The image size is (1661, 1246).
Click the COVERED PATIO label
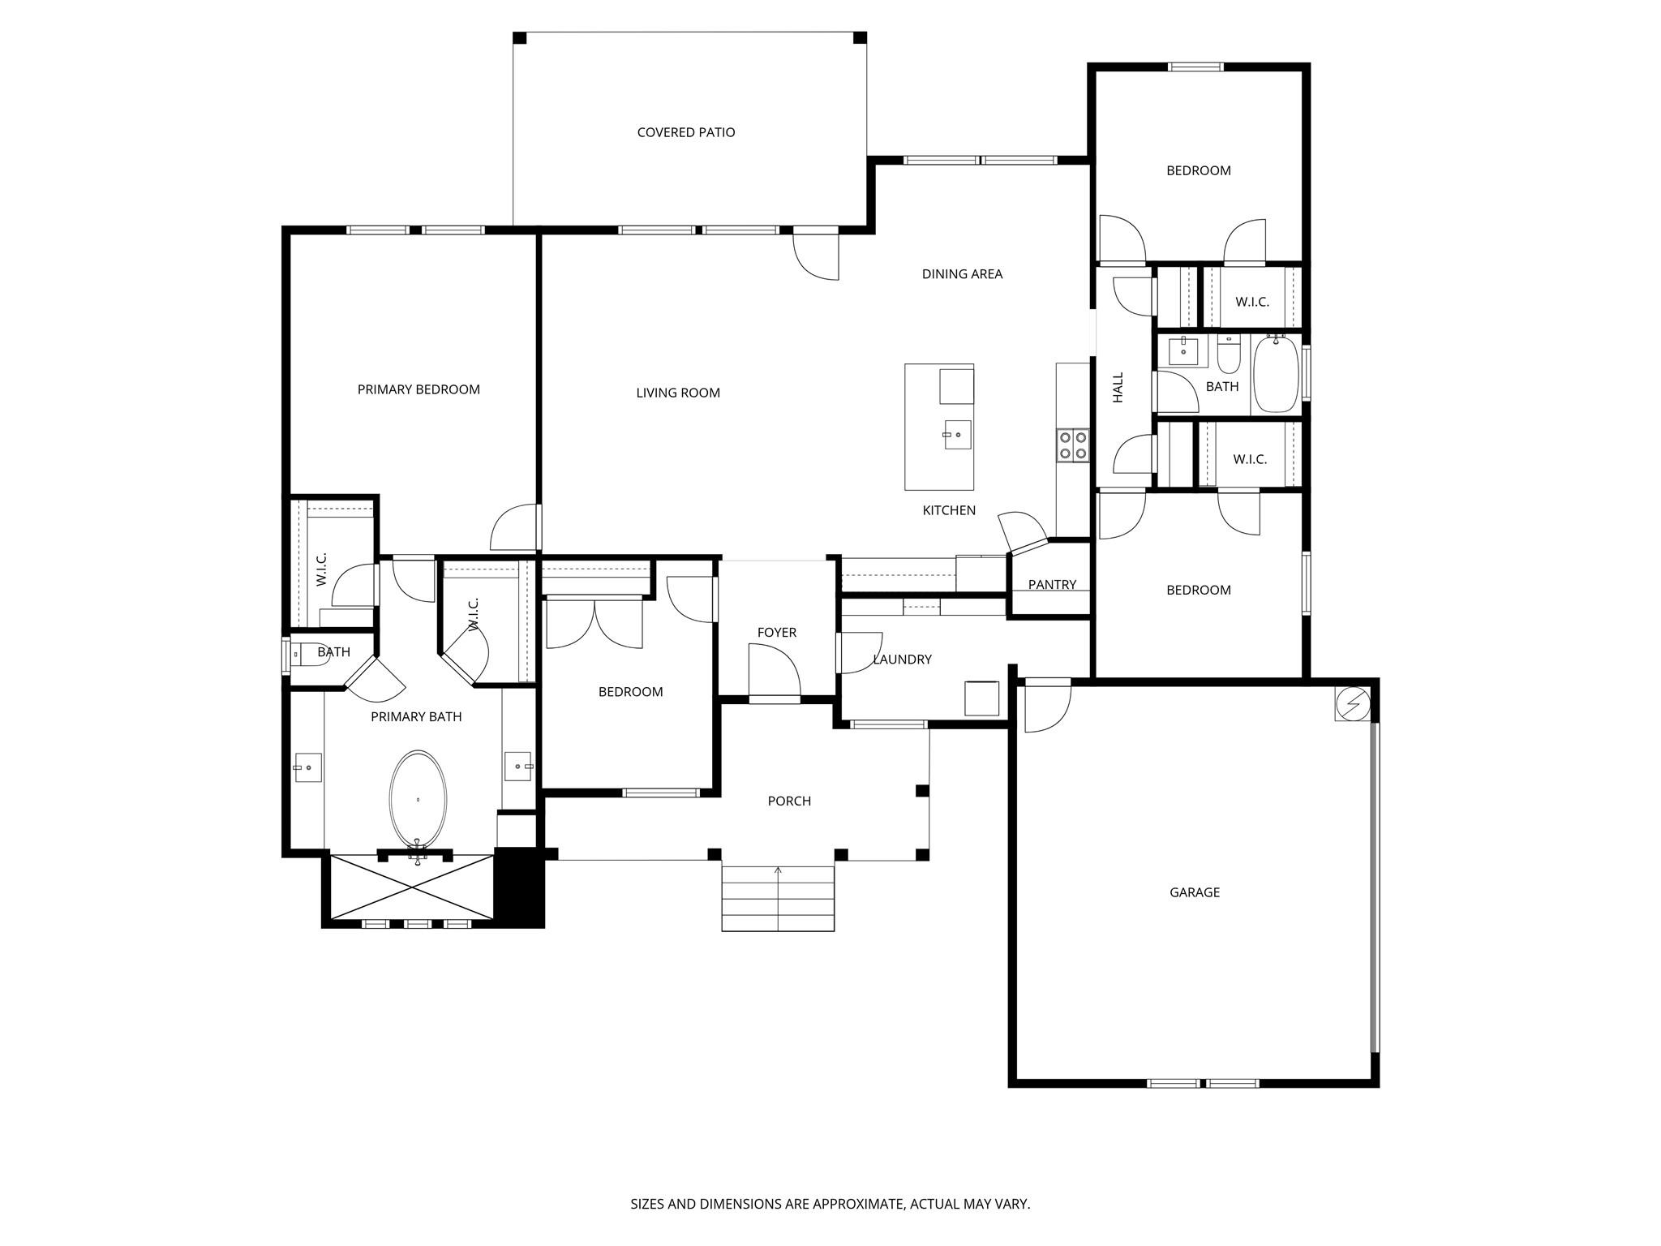pyautogui.click(x=686, y=132)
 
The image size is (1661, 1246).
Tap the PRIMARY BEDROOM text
pyautogui.click(x=418, y=389)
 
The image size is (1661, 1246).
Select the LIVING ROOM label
pyautogui.click(x=678, y=393)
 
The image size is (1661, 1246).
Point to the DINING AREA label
pyautogui.click(x=962, y=274)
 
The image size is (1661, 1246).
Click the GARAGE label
pyautogui.click(x=1195, y=892)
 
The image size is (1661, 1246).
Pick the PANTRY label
pyautogui.click(x=1052, y=585)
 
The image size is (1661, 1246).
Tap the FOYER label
pyautogui.click(x=777, y=633)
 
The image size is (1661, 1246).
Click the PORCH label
pyautogui.click(x=789, y=801)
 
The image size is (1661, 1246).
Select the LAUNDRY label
pyautogui.click(x=902, y=660)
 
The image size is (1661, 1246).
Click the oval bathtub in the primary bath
pyautogui.click(x=418, y=800)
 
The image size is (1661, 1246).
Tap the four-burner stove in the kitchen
pyautogui.click(x=1072, y=445)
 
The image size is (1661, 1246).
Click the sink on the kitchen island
pyautogui.click(x=957, y=435)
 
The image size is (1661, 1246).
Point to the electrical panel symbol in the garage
pyautogui.click(x=1352, y=703)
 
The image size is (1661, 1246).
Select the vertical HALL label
pyautogui.click(x=1118, y=388)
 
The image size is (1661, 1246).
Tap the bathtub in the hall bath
pyautogui.click(x=1276, y=374)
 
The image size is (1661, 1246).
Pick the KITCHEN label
pyautogui.click(x=949, y=510)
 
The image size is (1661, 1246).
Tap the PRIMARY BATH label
pyautogui.click(x=416, y=717)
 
